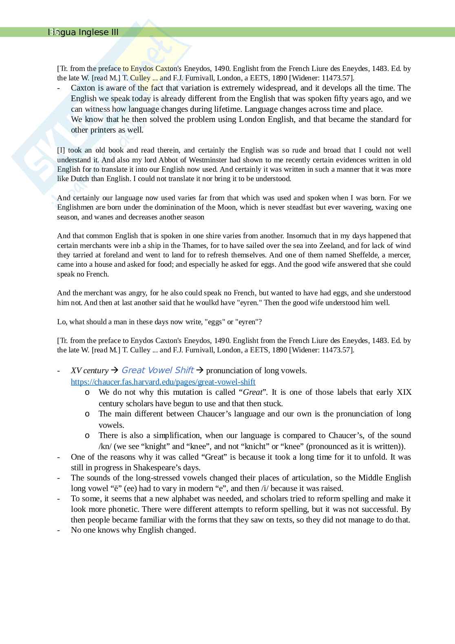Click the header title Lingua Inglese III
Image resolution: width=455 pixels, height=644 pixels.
(83, 32)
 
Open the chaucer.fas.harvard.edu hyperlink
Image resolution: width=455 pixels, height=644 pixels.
(163, 382)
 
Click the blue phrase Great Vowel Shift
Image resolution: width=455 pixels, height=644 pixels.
(157, 370)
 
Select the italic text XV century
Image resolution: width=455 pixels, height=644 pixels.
(90, 370)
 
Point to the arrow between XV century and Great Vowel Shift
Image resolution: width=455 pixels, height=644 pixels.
(115, 370)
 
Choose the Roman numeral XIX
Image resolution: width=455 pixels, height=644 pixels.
(404, 392)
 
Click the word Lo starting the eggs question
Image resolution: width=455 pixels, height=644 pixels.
(61, 322)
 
